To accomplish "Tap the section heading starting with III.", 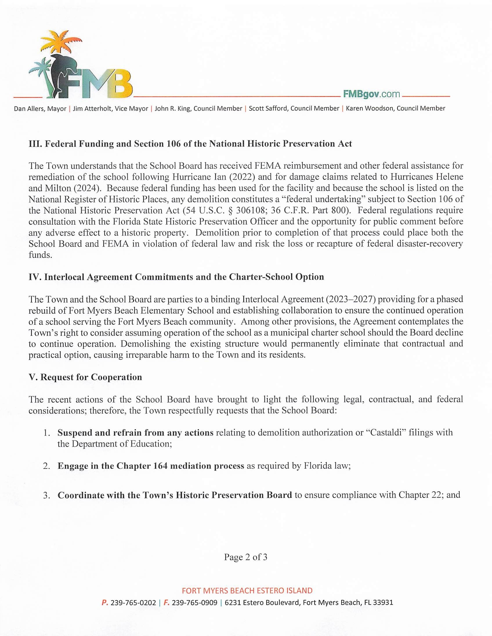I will point(190,144).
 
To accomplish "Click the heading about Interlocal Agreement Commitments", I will point(176,277).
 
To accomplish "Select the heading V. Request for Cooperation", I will point(85,377).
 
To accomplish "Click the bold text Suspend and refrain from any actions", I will point(135,433).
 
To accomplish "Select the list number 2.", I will point(47,466).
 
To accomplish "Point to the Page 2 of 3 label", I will point(245,557).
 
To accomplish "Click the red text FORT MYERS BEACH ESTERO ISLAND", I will point(247,591).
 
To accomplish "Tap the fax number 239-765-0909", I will point(194,603).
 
